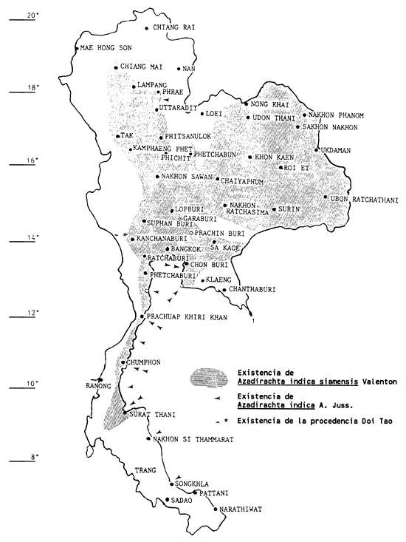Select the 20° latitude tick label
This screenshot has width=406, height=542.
pyautogui.click(x=30, y=15)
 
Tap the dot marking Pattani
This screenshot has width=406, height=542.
pyautogui.click(x=193, y=492)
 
